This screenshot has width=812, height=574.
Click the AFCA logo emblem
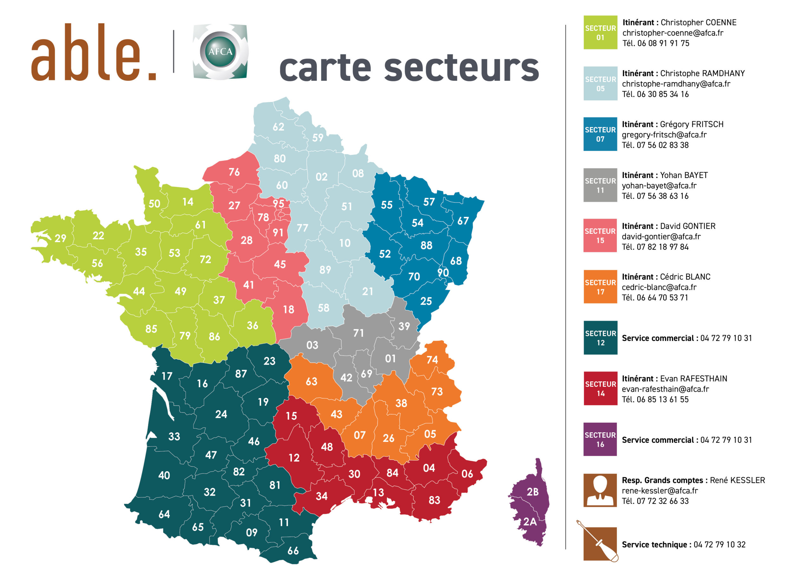pos(220,52)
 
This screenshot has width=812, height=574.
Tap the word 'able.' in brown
pos(94,53)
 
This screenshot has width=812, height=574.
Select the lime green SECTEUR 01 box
pos(600,33)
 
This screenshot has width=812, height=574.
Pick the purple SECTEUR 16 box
pos(600,439)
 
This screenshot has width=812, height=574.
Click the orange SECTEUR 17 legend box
pos(600,287)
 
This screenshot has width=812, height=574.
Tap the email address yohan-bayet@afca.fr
pos(659,186)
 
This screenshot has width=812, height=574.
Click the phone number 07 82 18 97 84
pos(662,247)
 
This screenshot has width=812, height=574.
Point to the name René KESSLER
pos(737,480)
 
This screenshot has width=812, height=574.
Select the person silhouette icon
pos(600,490)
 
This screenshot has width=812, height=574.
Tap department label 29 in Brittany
pos(61,238)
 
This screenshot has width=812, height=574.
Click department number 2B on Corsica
pos(533,492)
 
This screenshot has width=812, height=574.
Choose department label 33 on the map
pos(174,436)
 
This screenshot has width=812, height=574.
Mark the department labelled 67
pos(463,221)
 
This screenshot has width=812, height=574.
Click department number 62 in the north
pos(278,127)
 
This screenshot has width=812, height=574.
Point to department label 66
pos(293,551)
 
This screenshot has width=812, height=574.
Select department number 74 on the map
pos(432,360)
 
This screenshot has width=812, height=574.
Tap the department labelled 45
pos(280,264)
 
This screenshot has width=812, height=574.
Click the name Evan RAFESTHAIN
pos(693,378)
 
